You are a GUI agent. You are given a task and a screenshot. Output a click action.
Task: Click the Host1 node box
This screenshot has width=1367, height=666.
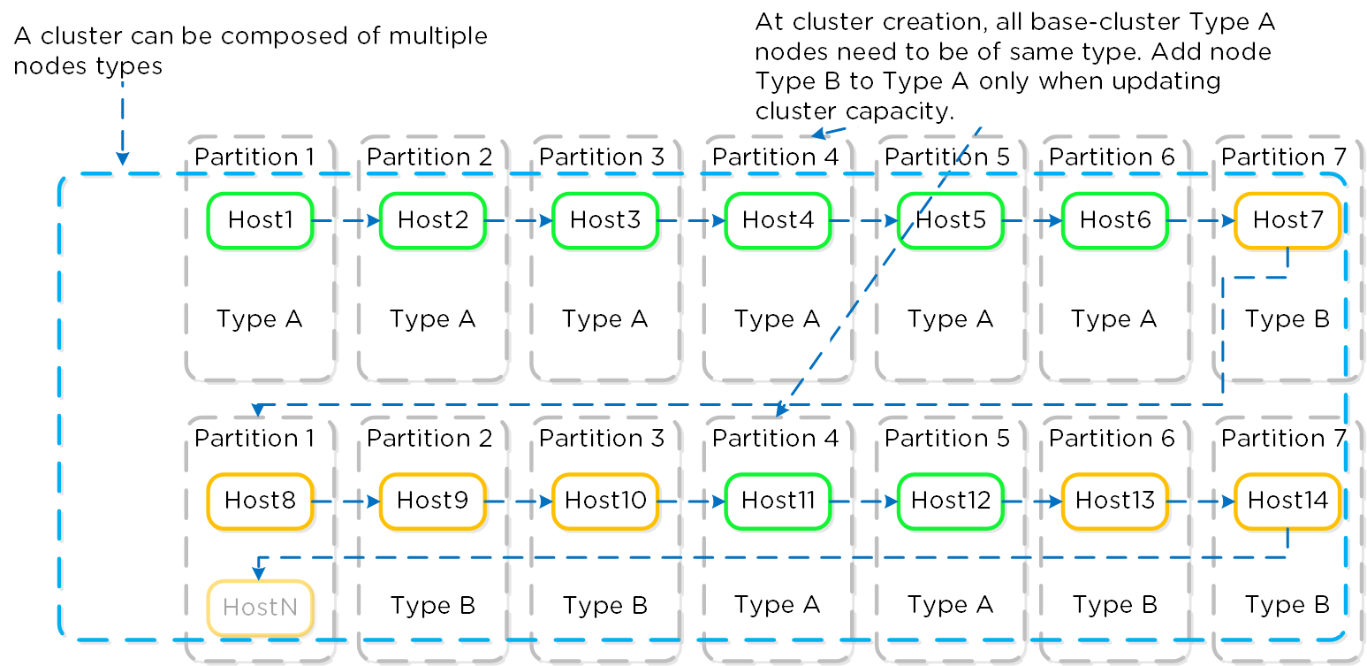[x=260, y=219]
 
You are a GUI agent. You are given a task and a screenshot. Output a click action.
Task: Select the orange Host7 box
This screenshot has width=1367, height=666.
[x=1287, y=219]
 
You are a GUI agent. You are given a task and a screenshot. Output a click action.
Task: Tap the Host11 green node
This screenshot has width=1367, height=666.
[x=778, y=501]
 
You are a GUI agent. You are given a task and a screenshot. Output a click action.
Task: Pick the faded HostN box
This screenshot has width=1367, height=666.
[x=260, y=608]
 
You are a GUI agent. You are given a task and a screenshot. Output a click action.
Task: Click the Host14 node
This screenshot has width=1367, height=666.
[x=1287, y=501]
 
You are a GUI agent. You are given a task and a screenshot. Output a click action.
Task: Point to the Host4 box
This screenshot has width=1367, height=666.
[x=778, y=219]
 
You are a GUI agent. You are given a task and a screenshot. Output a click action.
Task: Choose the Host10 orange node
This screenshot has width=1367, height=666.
[x=605, y=501]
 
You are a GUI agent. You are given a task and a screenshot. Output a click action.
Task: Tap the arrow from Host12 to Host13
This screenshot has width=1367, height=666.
[x=1032, y=501]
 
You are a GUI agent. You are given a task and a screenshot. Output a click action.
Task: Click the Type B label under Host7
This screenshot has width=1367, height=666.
[x=1287, y=319]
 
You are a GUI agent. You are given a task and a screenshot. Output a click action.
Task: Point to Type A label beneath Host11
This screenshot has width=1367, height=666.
[x=777, y=605]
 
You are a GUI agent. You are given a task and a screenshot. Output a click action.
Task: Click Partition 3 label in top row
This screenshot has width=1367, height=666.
[x=601, y=157]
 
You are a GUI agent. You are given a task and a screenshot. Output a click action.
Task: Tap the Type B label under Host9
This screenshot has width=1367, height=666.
[x=432, y=606]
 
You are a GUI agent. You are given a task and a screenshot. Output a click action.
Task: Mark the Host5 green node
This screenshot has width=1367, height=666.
[x=950, y=219]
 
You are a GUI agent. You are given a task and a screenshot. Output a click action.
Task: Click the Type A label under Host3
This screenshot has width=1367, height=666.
[x=604, y=319]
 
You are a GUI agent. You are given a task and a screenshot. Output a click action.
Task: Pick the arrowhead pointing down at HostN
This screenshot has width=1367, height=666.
[x=258, y=572]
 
